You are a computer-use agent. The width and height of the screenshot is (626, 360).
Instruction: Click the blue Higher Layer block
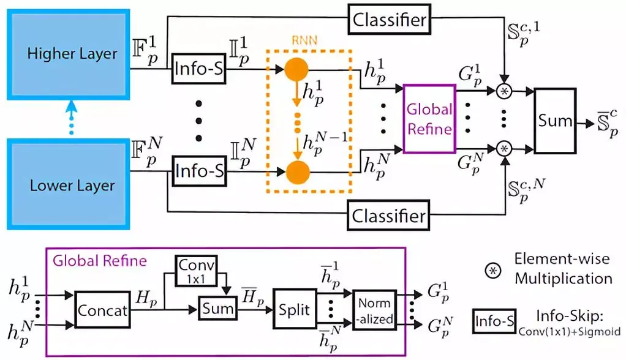tap(72, 53)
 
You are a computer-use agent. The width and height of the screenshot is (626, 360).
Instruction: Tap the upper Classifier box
tap(389, 20)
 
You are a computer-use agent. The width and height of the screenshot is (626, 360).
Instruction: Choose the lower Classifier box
tap(389, 216)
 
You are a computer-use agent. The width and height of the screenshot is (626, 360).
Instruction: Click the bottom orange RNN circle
tap(298, 172)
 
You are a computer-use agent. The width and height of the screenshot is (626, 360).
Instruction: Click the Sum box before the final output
tap(555, 121)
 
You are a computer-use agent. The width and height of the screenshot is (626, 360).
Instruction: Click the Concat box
tap(102, 310)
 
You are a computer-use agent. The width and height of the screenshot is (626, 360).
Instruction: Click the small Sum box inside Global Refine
tap(218, 308)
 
